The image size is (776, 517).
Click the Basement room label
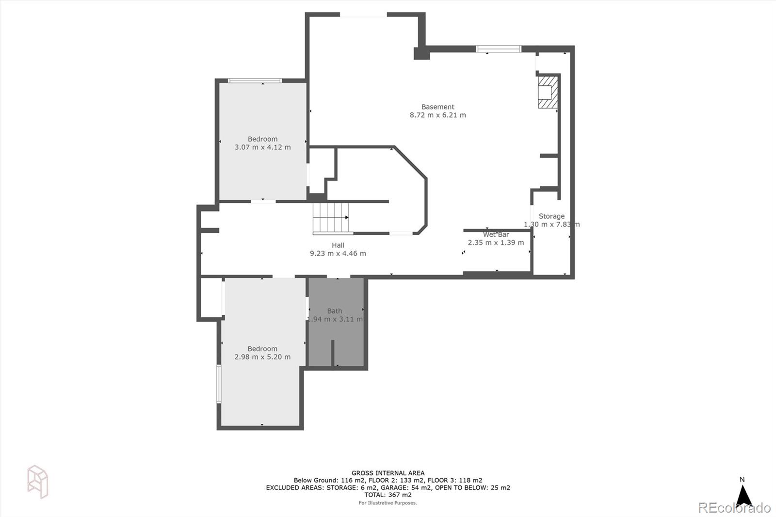tap(437, 107)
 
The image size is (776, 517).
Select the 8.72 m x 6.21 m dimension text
tap(437, 115)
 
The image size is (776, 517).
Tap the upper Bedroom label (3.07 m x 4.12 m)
tap(262, 139)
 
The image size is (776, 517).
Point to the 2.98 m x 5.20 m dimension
tap(262, 357)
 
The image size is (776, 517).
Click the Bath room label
tap(334, 311)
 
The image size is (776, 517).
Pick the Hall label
tap(338, 245)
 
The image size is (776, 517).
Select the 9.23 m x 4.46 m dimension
tap(338, 253)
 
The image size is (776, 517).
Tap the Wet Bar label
tap(496, 234)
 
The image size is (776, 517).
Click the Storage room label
tap(551, 216)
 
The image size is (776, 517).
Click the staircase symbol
tap(331, 218)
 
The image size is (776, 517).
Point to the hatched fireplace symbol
tap(548, 92)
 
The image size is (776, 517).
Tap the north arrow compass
tap(744, 495)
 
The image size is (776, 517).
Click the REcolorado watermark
tap(734, 508)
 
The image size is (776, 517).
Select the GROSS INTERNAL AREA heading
tap(388, 473)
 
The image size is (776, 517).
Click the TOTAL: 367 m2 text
tap(388, 495)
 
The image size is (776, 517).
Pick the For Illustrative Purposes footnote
tap(388, 503)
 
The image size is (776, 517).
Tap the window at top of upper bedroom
tap(255, 81)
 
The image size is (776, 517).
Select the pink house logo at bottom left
tap(38, 482)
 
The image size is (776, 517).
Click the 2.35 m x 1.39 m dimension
tap(496, 242)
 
